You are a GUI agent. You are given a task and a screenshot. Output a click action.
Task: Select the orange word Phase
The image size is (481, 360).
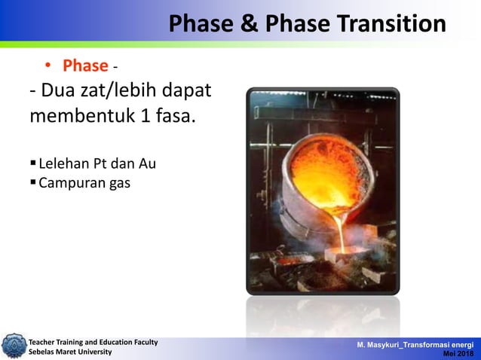click(x=84, y=66)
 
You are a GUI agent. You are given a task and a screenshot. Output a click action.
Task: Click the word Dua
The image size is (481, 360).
click(x=64, y=93)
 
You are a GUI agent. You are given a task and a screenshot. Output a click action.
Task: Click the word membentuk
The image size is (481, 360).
click(x=75, y=118)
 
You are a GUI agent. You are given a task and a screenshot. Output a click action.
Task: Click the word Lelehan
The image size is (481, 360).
click(x=63, y=163)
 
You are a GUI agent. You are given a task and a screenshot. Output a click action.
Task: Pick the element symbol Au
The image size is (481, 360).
click(x=146, y=163)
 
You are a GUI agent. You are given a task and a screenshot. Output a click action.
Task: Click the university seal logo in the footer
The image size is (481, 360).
click(x=13, y=346)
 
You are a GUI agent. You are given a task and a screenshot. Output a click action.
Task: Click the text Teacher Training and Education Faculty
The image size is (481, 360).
click(x=93, y=342)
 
